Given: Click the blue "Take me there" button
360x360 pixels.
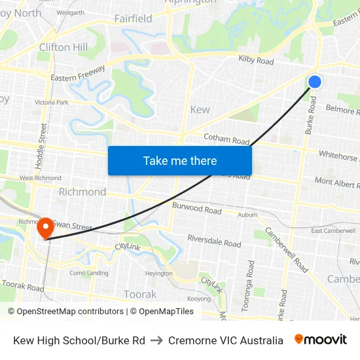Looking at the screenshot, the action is click(x=180, y=160).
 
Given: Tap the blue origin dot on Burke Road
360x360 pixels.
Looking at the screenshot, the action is click(x=315, y=81).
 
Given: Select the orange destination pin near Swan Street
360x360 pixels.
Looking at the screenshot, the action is click(x=46, y=228).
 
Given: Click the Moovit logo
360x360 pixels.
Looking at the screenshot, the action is click(x=321, y=340).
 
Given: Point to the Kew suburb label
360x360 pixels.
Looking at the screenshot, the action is click(x=200, y=109).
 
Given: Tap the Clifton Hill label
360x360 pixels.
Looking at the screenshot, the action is click(x=63, y=47).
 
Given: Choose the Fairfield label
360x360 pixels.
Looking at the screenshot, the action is click(x=133, y=18).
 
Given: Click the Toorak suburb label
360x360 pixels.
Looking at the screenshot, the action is click(x=140, y=295).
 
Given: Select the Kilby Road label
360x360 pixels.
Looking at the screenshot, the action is click(x=256, y=61).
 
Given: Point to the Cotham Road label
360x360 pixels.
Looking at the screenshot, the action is click(x=227, y=139).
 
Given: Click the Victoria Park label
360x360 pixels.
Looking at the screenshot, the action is click(x=51, y=103).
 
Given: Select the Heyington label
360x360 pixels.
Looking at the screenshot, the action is click(x=159, y=274).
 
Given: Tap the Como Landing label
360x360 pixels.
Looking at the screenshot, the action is click(x=88, y=273).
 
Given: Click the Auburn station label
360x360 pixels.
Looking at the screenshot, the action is click(x=247, y=215).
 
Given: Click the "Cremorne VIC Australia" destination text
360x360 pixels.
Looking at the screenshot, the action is click(x=226, y=340).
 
